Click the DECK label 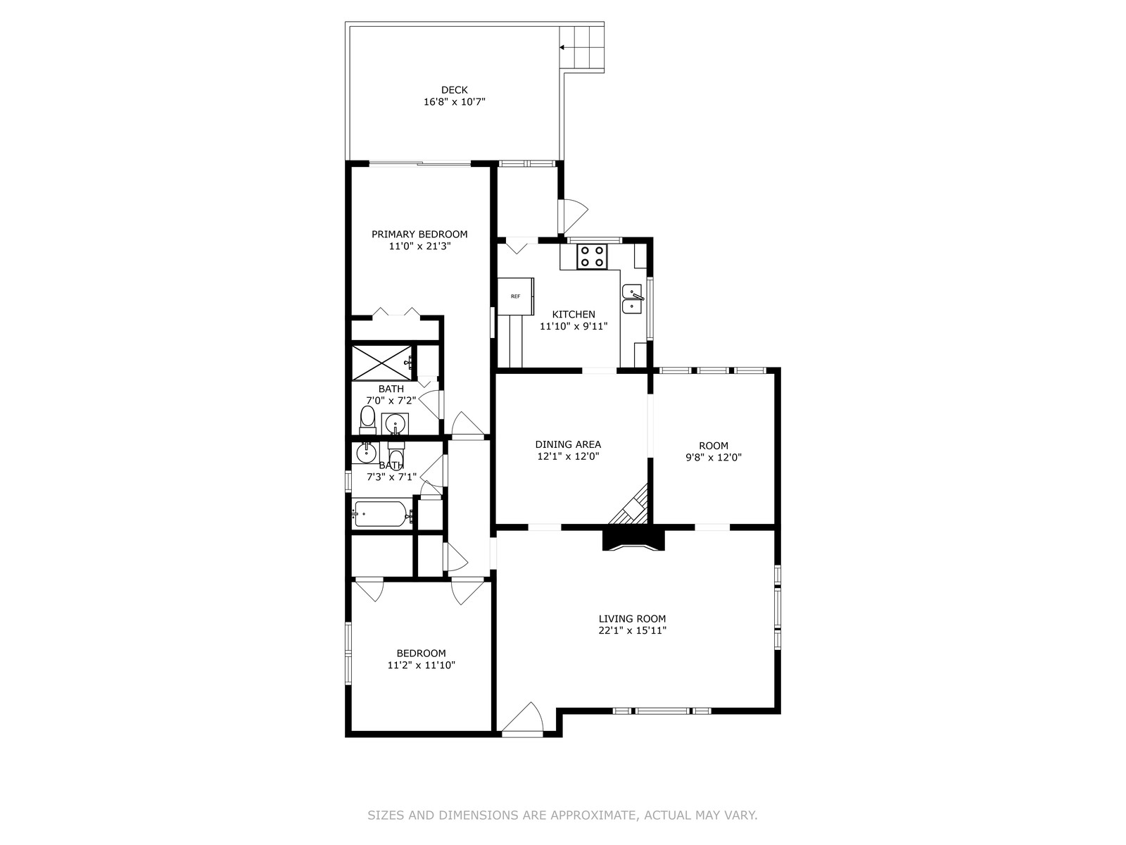[x=454, y=90]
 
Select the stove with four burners [x=591, y=256]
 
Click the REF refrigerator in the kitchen [x=516, y=296]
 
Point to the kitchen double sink [x=632, y=299]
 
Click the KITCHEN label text [x=574, y=315]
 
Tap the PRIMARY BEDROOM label [x=419, y=234]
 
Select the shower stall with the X [x=381, y=363]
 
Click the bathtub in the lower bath [x=381, y=513]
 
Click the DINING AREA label [x=568, y=445]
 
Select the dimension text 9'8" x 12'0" [x=714, y=458]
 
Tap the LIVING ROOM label [x=632, y=619]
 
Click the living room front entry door [x=522, y=718]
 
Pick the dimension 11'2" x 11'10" [x=421, y=665]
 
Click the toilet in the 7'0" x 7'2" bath [x=367, y=418]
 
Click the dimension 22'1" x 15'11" [x=632, y=630]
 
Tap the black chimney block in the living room [x=633, y=539]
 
